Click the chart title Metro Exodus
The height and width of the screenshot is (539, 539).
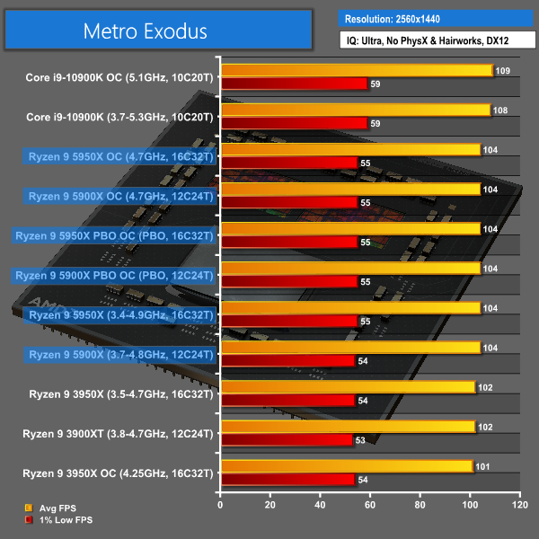(x=146, y=31)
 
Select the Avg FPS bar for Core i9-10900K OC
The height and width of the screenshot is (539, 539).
(x=356, y=70)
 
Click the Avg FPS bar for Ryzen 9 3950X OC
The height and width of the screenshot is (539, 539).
(x=346, y=465)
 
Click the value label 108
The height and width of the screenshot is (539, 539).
(x=502, y=110)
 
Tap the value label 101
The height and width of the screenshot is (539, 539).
(x=484, y=465)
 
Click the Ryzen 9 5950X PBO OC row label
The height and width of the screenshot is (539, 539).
(x=114, y=236)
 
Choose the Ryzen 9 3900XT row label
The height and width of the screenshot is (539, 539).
(x=118, y=433)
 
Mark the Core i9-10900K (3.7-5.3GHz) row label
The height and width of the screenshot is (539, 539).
(x=120, y=117)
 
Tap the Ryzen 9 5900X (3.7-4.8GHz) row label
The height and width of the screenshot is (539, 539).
(x=121, y=354)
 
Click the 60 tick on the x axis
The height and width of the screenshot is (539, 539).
(x=369, y=506)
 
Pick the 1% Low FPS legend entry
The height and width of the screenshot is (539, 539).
(x=60, y=519)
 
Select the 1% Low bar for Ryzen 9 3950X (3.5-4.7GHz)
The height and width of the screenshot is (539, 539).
(x=287, y=401)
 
